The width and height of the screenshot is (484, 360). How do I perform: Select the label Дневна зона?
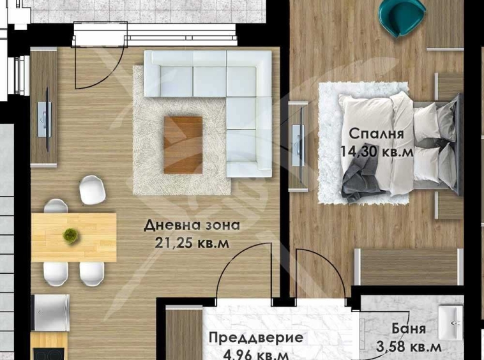[x=192, y=225]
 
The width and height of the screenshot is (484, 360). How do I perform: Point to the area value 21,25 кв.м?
[x=192, y=243]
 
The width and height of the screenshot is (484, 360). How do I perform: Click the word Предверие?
[x=256, y=338]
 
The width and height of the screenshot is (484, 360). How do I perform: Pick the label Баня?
[x=409, y=329]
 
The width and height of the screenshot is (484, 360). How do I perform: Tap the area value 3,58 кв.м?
[x=409, y=347]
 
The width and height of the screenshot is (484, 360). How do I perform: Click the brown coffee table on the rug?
[x=183, y=144]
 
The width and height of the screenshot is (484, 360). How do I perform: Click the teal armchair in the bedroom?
[x=401, y=16]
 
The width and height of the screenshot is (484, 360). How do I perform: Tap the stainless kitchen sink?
[x=50, y=312]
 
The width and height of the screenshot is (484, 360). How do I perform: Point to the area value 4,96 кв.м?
[x=256, y=355]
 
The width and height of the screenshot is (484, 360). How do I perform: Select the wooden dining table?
[x=74, y=237]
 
